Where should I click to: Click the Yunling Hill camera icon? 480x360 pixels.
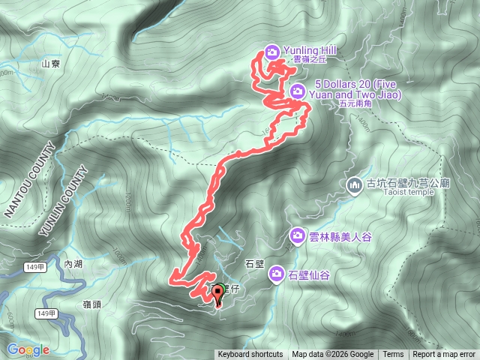pyautogui.click(x=271, y=52)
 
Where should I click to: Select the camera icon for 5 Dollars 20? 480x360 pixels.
pyautogui.click(x=298, y=91)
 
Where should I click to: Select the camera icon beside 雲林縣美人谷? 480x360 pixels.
pyautogui.click(x=298, y=236)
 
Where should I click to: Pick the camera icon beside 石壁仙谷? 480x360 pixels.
pyautogui.click(x=276, y=274)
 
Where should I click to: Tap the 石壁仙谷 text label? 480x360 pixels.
pyautogui.click(x=308, y=274)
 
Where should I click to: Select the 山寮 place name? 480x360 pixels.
pyautogui.click(x=50, y=65)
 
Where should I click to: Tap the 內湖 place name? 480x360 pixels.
pyautogui.click(x=73, y=264)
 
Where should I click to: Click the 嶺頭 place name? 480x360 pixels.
pyautogui.click(x=93, y=304)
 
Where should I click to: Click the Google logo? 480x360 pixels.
pyautogui.click(x=28, y=349)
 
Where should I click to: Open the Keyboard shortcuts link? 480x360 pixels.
pyautogui.click(x=250, y=355)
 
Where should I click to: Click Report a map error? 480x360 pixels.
pyautogui.click(x=444, y=355)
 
